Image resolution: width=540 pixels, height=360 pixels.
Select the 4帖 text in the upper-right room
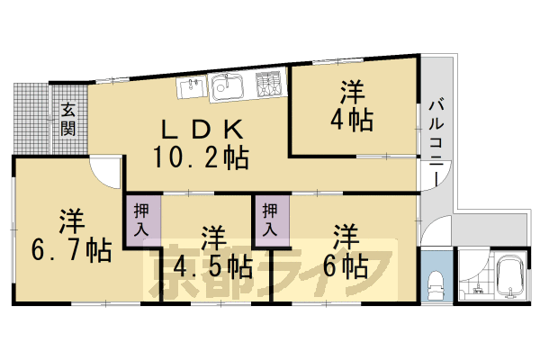click(x=355, y=119)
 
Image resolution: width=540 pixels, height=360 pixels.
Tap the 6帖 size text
click(x=346, y=266)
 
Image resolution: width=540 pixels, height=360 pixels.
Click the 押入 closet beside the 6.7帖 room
click(x=142, y=219)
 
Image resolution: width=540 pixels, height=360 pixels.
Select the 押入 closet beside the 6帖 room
click(x=271, y=219)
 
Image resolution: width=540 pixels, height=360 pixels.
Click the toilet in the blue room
click(x=436, y=282)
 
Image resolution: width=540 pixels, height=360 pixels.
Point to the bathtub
click(x=511, y=279)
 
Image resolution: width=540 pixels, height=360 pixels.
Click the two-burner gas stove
click(x=267, y=85)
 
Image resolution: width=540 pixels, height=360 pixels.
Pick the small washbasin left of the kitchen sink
click(x=191, y=88)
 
